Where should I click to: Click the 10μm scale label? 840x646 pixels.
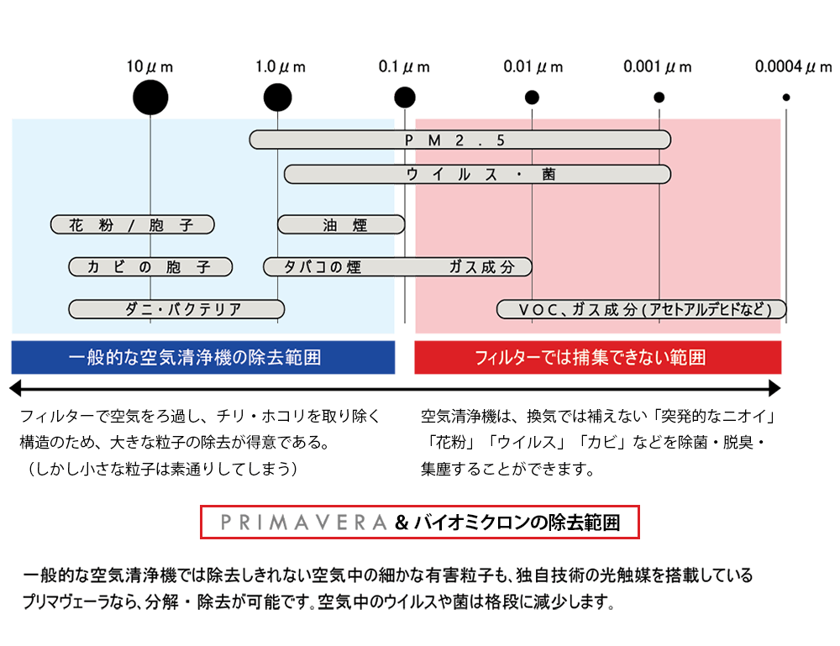150,66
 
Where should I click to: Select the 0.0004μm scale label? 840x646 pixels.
792,66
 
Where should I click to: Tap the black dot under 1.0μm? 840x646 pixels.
277,97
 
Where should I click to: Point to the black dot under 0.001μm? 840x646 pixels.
659,97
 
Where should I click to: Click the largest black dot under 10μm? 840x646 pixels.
150,97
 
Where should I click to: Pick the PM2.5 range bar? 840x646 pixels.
459,140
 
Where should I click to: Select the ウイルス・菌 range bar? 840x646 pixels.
477,174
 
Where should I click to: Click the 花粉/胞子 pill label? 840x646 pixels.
132,224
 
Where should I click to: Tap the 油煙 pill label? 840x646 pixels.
341,224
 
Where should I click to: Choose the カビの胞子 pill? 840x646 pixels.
150,267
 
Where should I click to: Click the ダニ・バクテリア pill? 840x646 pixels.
176,309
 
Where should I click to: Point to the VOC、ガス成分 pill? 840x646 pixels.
641,309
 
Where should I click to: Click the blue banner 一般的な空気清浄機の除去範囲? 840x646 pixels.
202,357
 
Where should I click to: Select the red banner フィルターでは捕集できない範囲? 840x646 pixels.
598,357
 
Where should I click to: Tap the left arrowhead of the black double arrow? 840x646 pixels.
13,388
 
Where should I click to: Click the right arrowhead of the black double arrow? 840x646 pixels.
775,388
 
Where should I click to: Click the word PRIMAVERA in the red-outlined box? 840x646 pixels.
302,523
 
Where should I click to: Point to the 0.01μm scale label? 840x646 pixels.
533,66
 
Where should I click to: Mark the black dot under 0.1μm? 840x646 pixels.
405,97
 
